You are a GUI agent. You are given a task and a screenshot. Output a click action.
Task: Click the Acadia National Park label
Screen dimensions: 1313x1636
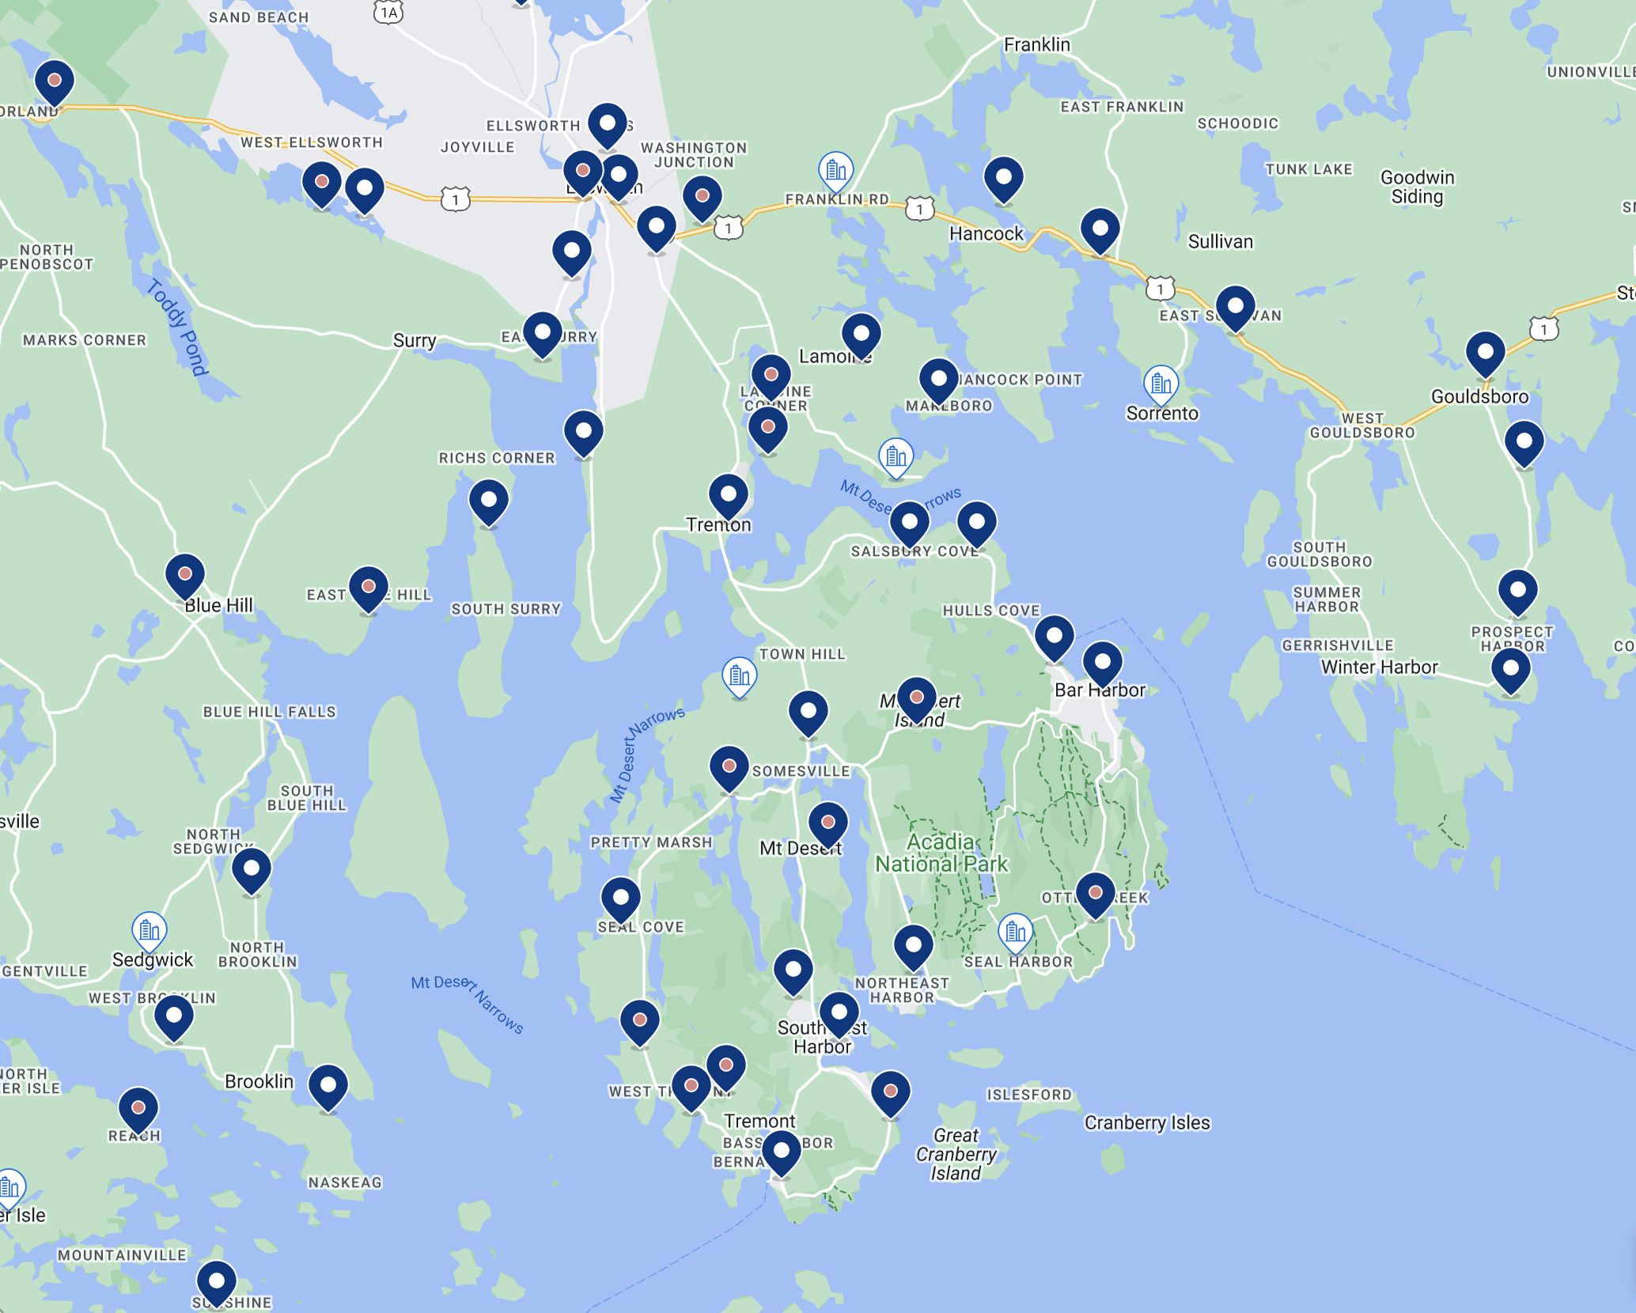941,853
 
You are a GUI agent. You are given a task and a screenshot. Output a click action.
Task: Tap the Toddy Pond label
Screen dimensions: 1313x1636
177,327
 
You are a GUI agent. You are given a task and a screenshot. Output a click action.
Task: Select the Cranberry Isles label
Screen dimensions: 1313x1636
1147,1122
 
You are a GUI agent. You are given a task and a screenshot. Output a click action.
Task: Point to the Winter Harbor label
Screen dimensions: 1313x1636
1379,667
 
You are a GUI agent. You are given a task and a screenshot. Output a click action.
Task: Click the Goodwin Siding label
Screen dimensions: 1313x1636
1417,187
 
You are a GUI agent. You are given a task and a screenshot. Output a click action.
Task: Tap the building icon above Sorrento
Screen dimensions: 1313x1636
1161,384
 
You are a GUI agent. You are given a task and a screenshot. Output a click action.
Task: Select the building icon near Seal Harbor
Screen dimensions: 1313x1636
1015,932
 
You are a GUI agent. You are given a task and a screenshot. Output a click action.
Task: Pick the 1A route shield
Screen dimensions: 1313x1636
388,12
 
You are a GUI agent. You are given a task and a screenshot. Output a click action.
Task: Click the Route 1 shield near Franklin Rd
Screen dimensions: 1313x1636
919,209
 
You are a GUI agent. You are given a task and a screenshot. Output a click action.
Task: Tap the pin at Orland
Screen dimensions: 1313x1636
55,81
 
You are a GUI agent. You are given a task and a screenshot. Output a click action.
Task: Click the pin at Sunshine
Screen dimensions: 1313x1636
216,1281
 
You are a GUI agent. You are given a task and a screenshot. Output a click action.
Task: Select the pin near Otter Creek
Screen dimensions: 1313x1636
1096,894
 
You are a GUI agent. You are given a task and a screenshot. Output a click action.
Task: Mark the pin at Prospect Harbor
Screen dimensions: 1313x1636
1517,592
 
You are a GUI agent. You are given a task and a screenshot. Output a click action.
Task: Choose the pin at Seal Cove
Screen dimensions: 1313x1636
621,899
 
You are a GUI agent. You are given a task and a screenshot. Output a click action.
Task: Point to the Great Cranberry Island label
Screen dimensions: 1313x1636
956,1154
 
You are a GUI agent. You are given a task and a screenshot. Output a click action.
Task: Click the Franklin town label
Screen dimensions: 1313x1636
1036,44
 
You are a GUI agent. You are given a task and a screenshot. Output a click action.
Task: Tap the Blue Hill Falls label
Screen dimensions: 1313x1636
270,712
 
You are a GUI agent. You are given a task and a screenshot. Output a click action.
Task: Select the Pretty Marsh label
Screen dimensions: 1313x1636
651,842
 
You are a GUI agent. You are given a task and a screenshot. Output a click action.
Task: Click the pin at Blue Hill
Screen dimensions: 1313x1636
185,574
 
